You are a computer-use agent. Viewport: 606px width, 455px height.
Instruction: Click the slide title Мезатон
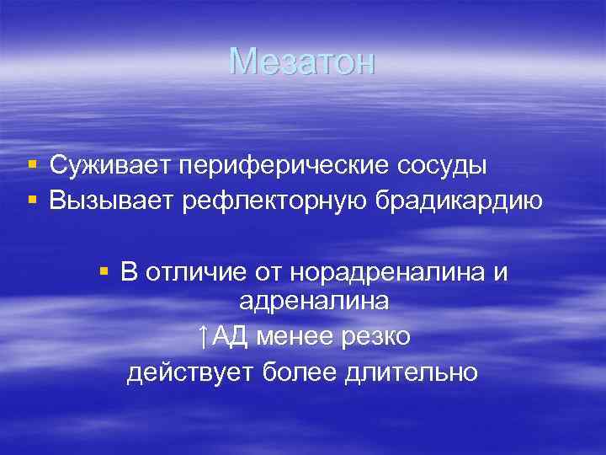coord(302,62)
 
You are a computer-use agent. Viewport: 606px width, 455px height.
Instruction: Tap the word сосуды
coord(437,166)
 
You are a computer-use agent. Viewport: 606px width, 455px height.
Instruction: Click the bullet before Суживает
coord(31,166)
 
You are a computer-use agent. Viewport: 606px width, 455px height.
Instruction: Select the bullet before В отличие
coord(104,271)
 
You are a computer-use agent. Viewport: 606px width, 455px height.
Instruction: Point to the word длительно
coord(412,372)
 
